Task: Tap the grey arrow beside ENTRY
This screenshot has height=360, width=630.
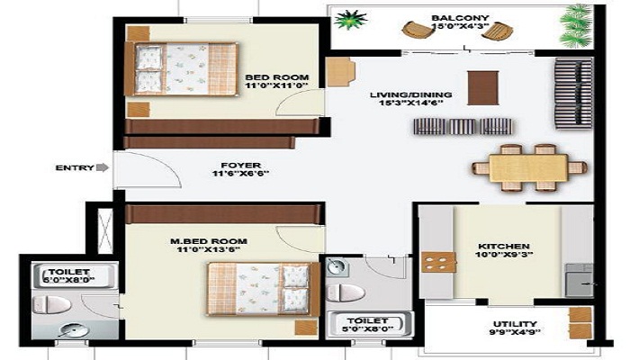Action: click(103, 167)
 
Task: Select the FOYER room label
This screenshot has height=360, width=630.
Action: click(241, 166)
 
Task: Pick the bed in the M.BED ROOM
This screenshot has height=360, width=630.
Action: click(261, 288)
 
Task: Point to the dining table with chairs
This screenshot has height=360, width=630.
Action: click(529, 167)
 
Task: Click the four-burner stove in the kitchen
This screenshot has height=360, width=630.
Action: click(438, 262)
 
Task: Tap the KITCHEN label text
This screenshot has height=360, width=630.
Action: click(504, 246)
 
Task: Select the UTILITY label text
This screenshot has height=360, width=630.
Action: click(515, 324)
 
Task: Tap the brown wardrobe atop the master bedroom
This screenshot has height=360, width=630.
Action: click(224, 213)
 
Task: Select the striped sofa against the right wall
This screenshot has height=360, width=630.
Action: click(572, 94)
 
